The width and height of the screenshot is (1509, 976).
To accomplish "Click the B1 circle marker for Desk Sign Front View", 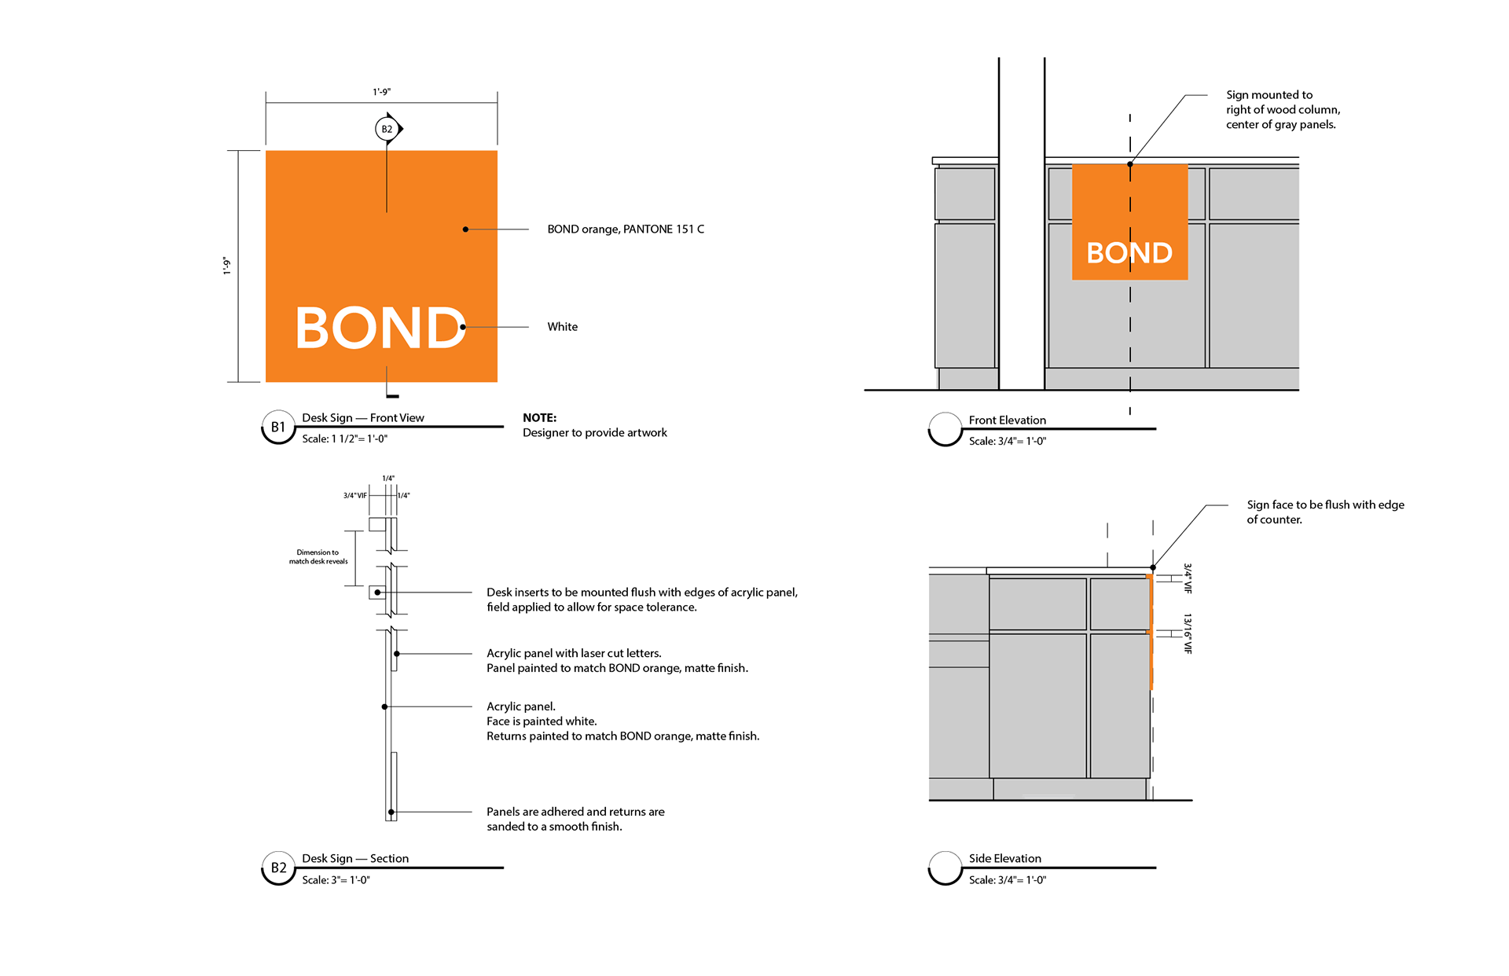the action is click(278, 427).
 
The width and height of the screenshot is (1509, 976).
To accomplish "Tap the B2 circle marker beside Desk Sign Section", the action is click(278, 868).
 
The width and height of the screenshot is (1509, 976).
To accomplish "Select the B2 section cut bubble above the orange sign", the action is click(387, 129).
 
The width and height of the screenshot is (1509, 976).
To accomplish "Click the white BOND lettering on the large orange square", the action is click(381, 328).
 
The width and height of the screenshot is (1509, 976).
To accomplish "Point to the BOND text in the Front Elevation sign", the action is click(1129, 253).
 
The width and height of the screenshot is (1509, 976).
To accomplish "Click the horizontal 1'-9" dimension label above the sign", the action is click(382, 92).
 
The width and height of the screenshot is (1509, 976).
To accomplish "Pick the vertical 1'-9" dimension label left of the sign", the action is click(227, 266).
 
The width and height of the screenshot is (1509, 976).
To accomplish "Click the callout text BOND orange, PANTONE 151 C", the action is click(626, 229).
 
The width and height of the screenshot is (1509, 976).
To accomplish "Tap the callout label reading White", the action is click(563, 327).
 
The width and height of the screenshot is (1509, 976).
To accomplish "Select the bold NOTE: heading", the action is click(540, 418).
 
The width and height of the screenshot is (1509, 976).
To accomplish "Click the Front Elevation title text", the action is click(1008, 420).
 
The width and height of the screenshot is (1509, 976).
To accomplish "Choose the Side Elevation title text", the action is click(1005, 859).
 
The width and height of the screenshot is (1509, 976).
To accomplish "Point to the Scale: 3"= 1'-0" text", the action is click(336, 880).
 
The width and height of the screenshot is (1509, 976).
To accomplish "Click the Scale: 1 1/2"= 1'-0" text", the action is click(345, 439).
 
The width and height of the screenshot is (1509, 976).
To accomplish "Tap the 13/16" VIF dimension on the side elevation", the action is click(1188, 633).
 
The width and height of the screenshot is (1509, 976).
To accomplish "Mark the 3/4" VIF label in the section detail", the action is click(355, 496).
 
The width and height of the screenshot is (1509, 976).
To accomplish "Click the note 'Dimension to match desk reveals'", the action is click(318, 557).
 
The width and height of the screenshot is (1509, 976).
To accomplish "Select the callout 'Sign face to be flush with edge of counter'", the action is click(1326, 512).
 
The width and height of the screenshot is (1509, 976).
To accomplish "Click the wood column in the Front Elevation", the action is click(1022, 224).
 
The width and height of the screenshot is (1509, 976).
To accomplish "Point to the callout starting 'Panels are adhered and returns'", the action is click(575, 820).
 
